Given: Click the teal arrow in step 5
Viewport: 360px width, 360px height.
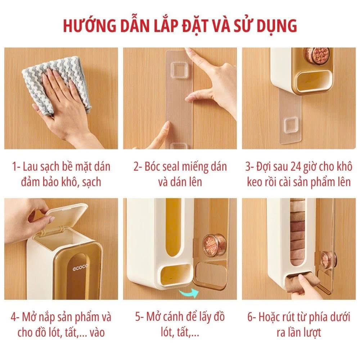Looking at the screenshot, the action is click(x=189, y=293).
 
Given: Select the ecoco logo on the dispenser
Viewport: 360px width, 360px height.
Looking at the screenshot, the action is click(x=80, y=267).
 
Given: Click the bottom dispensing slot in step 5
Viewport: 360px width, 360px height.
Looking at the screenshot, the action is click(x=176, y=273).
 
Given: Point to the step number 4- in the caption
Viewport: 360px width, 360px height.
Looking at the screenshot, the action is click(x=15, y=317).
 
